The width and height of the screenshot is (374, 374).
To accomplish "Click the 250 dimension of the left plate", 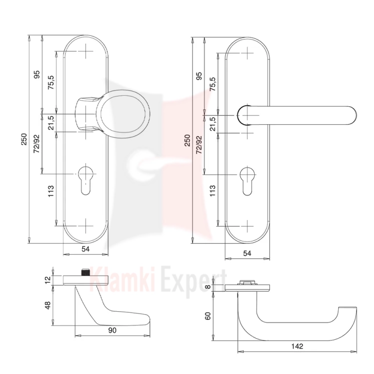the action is click(24, 139).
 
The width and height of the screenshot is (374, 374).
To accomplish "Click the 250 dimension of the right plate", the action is click(187, 140).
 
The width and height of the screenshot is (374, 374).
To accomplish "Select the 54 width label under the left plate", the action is click(86, 249).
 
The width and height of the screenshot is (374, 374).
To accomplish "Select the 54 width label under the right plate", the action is click(247, 253).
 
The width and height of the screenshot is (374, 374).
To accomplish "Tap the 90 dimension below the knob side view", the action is click(112, 330).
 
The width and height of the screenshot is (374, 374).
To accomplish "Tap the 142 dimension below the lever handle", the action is click(297, 346).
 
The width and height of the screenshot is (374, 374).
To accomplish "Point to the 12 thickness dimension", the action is click(48, 279).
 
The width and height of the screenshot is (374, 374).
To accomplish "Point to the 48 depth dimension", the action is click(48, 306).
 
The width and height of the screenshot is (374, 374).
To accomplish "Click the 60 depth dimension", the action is click(208, 316).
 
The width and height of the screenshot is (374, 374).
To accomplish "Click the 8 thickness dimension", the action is click(208, 286).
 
